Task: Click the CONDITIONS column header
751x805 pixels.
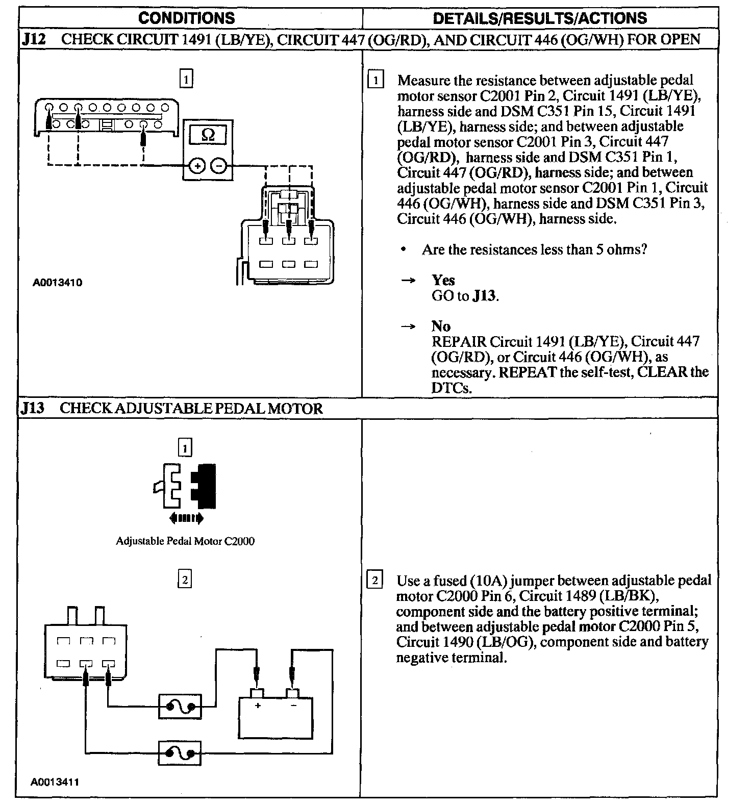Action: click(x=187, y=18)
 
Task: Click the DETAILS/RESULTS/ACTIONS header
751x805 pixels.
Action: click(x=540, y=18)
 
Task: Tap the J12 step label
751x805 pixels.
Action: click(x=34, y=39)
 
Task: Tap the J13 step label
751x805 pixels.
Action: click(x=33, y=408)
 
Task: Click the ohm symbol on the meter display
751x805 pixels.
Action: click(x=208, y=135)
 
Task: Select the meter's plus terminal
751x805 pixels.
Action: click(x=197, y=166)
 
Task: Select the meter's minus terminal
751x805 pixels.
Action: click(x=219, y=166)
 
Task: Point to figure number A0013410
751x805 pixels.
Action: click(x=57, y=283)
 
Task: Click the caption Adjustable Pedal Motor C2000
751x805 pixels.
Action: click(x=185, y=541)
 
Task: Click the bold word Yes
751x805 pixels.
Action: click(x=443, y=280)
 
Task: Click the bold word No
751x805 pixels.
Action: click(x=441, y=326)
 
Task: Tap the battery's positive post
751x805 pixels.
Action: click(x=257, y=693)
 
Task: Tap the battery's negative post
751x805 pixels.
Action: click(x=293, y=693)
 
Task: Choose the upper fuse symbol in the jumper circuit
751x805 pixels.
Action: click(x=180, y=707)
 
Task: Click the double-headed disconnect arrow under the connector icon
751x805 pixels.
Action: click(x=186, y=519)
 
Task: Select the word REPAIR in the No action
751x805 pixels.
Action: click(x=459, y=341)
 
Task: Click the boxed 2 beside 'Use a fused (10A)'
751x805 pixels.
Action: click(x=374, y=581)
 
